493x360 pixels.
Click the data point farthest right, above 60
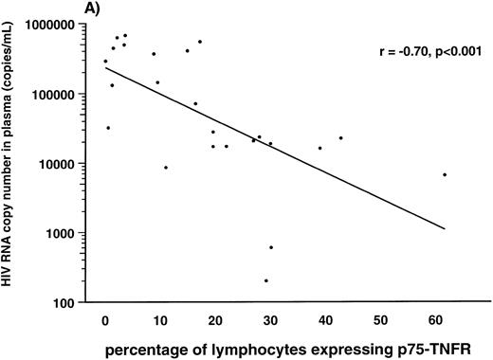[x=444, y=174]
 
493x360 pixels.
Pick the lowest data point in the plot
[x=265, y=280]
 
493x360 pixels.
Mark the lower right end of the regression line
[x=444, y=228]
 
